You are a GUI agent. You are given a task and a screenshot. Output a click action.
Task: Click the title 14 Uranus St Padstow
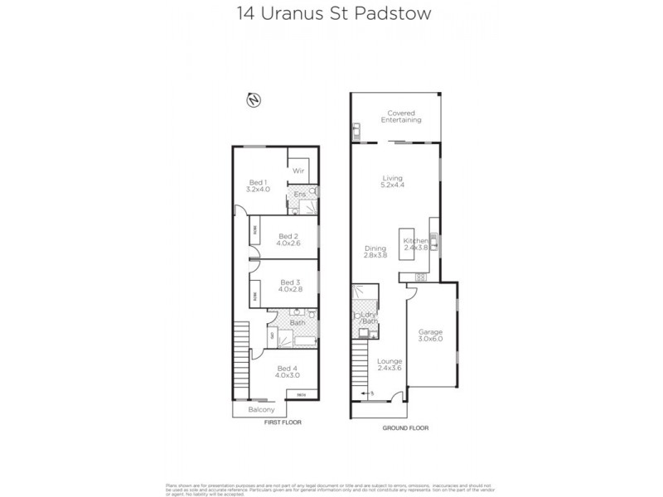click(331, 14)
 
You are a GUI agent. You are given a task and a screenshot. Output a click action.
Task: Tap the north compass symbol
click(253, 100)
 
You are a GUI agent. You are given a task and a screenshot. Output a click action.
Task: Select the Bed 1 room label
click(258, 186)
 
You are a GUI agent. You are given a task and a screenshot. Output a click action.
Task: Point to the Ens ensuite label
click(301, 194)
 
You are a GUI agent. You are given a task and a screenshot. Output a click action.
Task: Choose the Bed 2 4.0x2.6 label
click(288, 239)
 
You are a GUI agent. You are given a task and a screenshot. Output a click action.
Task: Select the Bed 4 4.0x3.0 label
click(287, 372)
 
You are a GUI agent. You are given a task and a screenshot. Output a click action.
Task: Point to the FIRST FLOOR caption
click(283, 422)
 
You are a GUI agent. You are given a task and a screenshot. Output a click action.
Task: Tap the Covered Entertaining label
click(401, 116)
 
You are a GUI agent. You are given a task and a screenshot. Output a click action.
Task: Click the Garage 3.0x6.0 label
click(429, 334)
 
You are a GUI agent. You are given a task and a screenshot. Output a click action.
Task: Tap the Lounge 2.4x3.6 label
click(389, 365)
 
